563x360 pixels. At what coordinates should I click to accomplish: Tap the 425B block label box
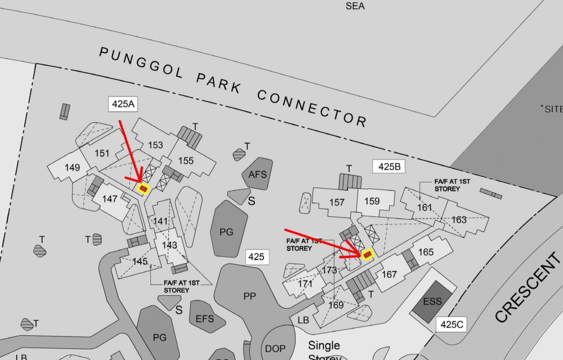click(389, 166)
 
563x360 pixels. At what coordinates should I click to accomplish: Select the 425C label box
click(451, 325)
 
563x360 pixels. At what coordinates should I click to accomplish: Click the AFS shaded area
click(258, 174)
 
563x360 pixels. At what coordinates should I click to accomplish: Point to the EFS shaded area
click(205, 318)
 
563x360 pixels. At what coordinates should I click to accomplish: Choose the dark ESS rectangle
click(432, 301)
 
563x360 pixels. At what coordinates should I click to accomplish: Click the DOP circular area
click(276, 349)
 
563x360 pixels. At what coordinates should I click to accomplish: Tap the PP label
click(250, 296)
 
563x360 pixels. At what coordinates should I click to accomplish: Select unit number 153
click(155, 145)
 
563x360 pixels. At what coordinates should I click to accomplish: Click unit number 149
click(73, 167)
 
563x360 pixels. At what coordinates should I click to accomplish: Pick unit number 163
click(459, 219)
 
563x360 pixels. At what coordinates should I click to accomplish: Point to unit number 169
click(336, 305)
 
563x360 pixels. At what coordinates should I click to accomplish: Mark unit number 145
click(140, 261)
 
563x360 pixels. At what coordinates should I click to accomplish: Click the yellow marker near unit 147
click(144, 188)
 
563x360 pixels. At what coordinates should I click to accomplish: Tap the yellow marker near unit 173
click(368, 255)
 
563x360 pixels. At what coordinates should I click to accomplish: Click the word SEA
click(355, 6)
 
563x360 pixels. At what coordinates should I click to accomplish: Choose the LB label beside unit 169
click(303, 320)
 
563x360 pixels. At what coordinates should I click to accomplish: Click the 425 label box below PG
click(256, 257)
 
